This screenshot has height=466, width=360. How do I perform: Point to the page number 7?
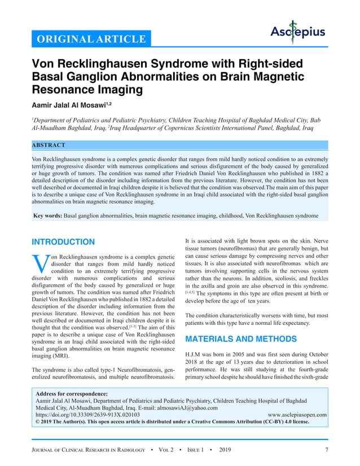tap(327, 449)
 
